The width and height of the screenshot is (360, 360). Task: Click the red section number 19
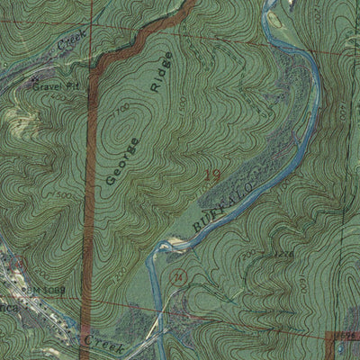[212, 176]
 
